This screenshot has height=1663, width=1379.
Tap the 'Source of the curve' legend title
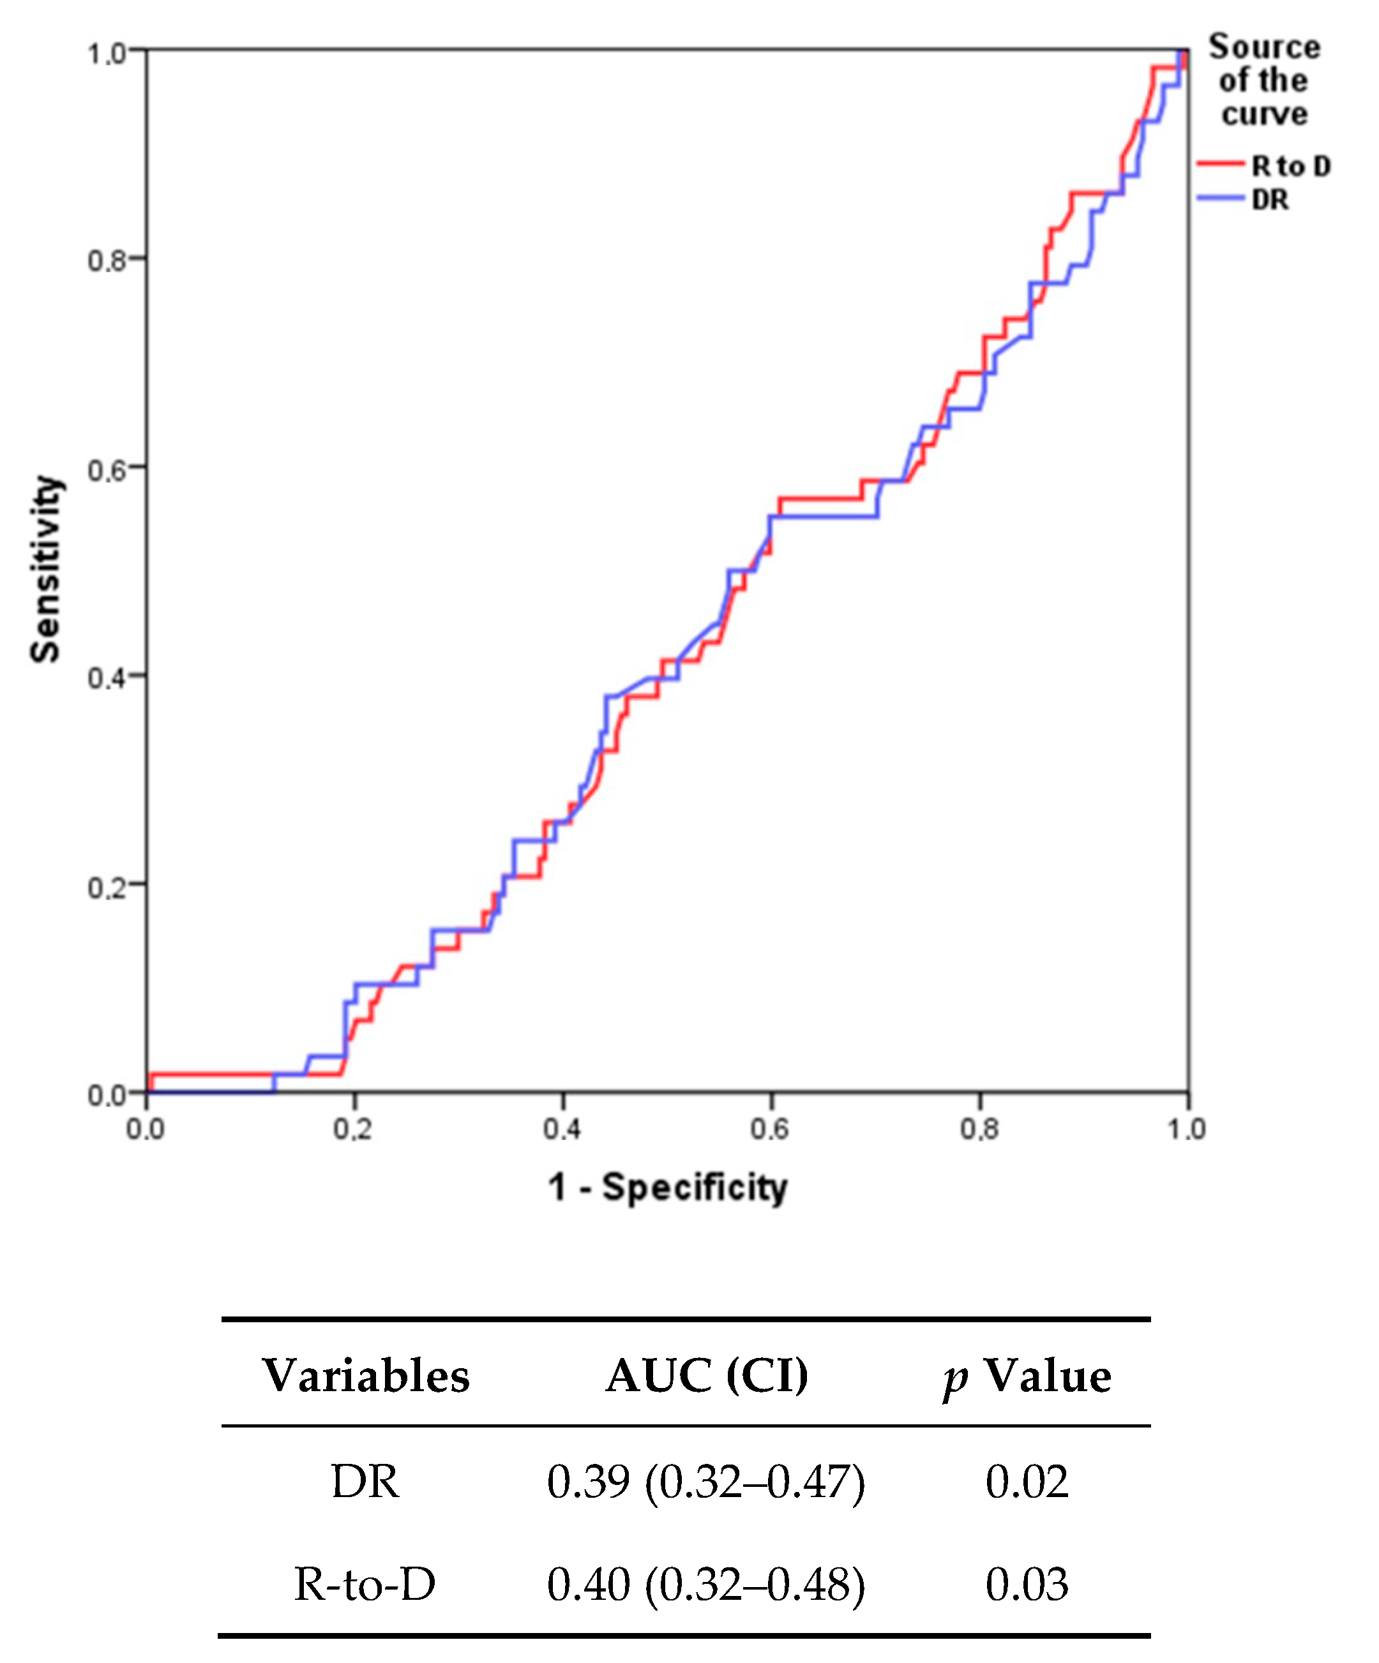pos(1263,80)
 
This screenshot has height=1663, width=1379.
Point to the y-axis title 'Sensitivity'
pos(45,569)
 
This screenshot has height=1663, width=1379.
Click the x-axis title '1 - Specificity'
pos(667,1188)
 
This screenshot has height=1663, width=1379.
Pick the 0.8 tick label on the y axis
pos(107,260)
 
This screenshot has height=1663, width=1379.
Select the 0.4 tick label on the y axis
pos(107,678)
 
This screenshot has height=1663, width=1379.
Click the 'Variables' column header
pos(366,1376)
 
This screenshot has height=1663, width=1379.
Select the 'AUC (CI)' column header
pos(707,1376)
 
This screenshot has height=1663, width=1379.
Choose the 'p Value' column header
pos(1027,1376)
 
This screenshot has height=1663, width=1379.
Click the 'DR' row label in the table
pos(365,1482)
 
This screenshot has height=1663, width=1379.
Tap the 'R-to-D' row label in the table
pos(365,1585)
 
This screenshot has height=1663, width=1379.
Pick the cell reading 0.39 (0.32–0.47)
pos(705,1482)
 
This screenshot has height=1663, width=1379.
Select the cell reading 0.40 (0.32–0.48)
pos(705,1585)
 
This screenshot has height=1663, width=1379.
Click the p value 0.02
pos(1027,1482)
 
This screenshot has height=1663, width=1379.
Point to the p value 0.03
pos(1027,1585)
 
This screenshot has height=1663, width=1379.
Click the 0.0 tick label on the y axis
pos(107,1096)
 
